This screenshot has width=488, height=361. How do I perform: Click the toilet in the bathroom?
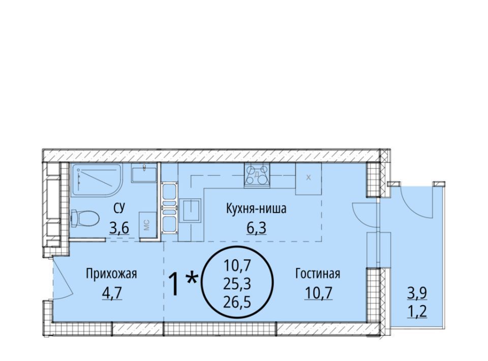pos(85,219)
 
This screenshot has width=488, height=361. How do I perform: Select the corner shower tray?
pos(97,180)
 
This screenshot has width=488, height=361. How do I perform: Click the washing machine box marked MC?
pos(147,225)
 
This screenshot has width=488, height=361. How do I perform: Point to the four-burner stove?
pos(257,175)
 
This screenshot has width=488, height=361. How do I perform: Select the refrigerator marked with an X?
pos(309,178)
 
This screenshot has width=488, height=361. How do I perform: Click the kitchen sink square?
pos(192,210)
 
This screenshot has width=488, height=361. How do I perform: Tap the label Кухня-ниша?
pos(256,208)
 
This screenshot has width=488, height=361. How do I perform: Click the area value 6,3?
pos(256,228)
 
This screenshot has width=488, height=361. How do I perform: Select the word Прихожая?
pos(111,275)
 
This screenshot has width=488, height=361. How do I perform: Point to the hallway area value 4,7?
pos(112,293)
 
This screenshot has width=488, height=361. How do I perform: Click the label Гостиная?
pos(318,274)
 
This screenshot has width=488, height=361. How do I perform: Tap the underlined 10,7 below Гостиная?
pos(319,292)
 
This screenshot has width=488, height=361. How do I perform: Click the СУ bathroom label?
pos(119,208)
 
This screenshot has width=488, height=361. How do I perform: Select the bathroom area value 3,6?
pos(119,228)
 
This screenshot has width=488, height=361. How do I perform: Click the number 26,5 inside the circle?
pos(237,302)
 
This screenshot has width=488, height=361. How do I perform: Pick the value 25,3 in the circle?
pos(237,284)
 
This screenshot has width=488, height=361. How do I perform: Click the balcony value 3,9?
pos(417,293)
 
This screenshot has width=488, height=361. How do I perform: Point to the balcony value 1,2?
pos(417,311)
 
